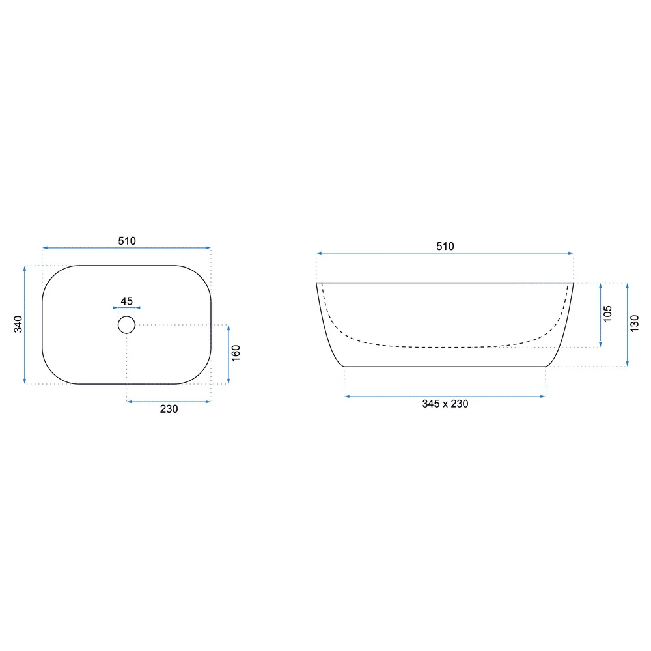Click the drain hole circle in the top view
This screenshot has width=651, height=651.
pos(127,316)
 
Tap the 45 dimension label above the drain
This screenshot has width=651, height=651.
pos(127,301)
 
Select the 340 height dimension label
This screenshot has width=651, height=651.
pos(18,324)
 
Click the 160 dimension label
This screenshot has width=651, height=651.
pos(236,353)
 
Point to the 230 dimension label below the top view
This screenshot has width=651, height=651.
pos(169,409)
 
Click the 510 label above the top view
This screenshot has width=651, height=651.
pos(127,241)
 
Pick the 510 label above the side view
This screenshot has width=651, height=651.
pos(445,246)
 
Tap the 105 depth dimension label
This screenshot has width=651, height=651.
pos(607,314)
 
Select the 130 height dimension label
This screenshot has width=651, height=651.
pos(634,324)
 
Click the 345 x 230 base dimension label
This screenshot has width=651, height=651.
pos(445,404)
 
